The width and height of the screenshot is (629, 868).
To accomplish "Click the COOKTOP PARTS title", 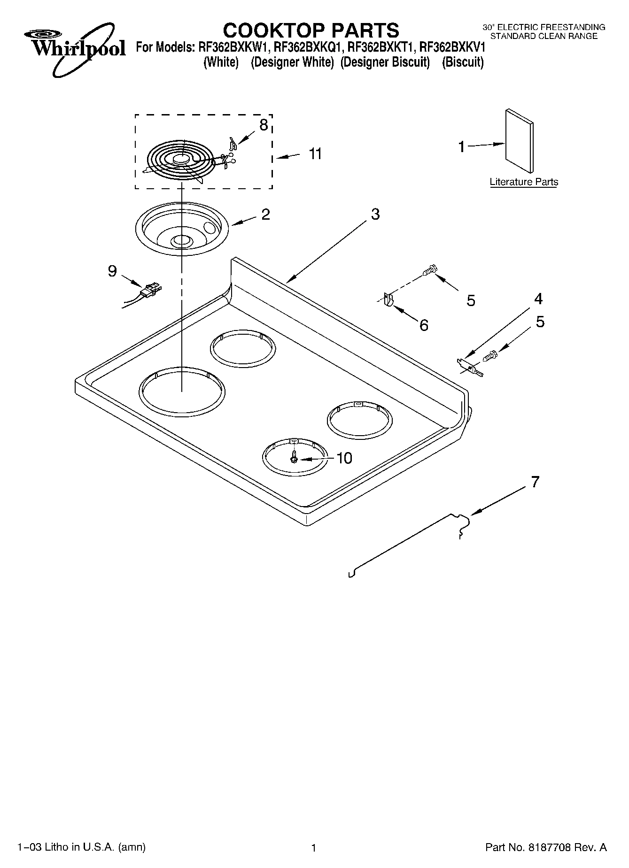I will (311, 31).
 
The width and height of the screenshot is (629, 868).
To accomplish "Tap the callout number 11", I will (315, 154).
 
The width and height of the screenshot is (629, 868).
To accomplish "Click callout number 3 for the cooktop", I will (375, 214).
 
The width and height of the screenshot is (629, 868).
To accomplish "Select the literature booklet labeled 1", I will (519, 142).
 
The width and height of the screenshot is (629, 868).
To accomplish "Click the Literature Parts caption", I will (524, 182).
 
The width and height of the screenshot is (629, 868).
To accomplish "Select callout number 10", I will (344, 458).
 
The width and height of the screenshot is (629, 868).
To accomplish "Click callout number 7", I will (535, 482).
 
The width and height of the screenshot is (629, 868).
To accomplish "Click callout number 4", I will (538, 299).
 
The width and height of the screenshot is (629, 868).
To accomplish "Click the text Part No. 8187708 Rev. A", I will (545, 847).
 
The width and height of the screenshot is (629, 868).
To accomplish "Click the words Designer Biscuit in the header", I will (385, 62).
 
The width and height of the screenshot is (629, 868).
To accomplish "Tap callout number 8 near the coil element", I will (264, 125).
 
